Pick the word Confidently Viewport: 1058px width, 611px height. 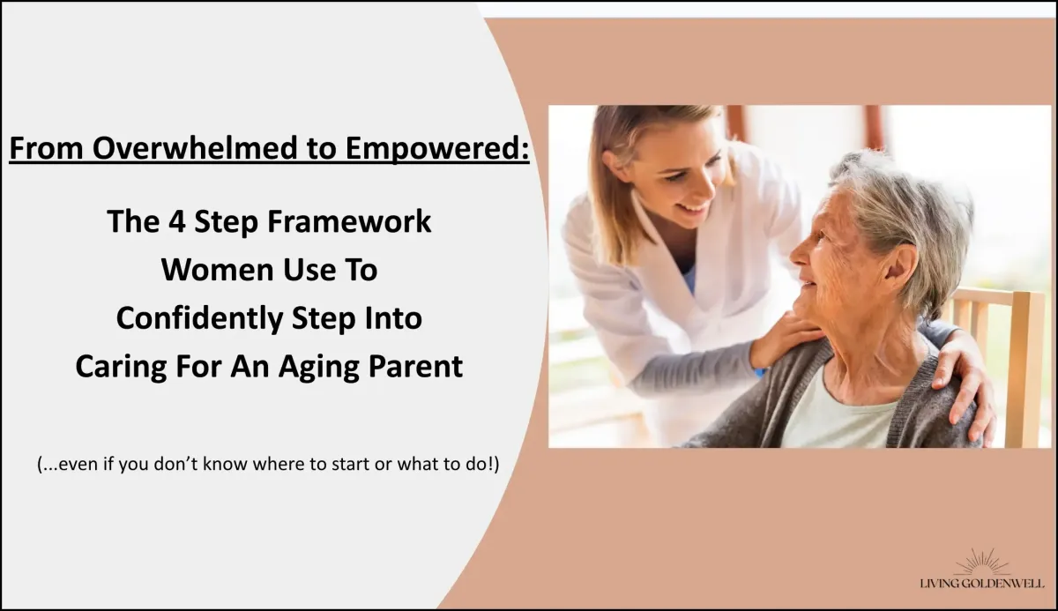[x=199, y=319]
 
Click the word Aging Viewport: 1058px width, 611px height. [x=319, y=368]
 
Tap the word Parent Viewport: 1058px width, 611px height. [x=415, y=367]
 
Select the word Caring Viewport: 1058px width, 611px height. [x=122, y=368]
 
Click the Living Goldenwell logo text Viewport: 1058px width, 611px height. [x=982, y=584]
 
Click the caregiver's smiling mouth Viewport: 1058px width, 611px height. [x=693, y=208]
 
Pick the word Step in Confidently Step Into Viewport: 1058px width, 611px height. [x=323, y=319]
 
